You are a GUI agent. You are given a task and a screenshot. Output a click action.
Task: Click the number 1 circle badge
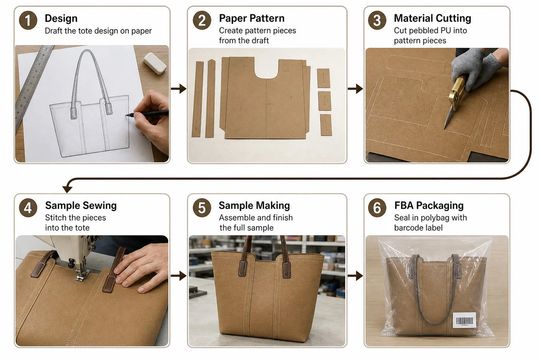point(28,20)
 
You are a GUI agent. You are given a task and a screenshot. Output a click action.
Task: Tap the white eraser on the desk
point(155,63)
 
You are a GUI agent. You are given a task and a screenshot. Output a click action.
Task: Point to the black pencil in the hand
point(147,113)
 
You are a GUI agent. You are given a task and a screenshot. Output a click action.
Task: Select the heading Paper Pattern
point(252,18)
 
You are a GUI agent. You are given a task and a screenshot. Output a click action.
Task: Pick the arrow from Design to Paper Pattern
point(179,89)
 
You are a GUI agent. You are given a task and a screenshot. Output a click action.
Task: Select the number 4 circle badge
point(28,208)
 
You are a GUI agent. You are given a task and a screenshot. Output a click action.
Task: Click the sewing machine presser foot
point(82,274)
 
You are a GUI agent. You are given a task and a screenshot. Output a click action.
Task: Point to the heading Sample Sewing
point(81,206)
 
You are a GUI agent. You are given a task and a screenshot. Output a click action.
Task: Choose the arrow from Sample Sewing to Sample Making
point(179,276)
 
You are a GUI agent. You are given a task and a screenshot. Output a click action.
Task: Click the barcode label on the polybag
point(464,320)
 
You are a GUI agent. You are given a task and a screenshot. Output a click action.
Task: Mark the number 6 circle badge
point(377,208)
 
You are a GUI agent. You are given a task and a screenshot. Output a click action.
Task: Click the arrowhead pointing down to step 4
point(67,189)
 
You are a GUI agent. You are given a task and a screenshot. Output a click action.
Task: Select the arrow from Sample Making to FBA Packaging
point(355,276)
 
